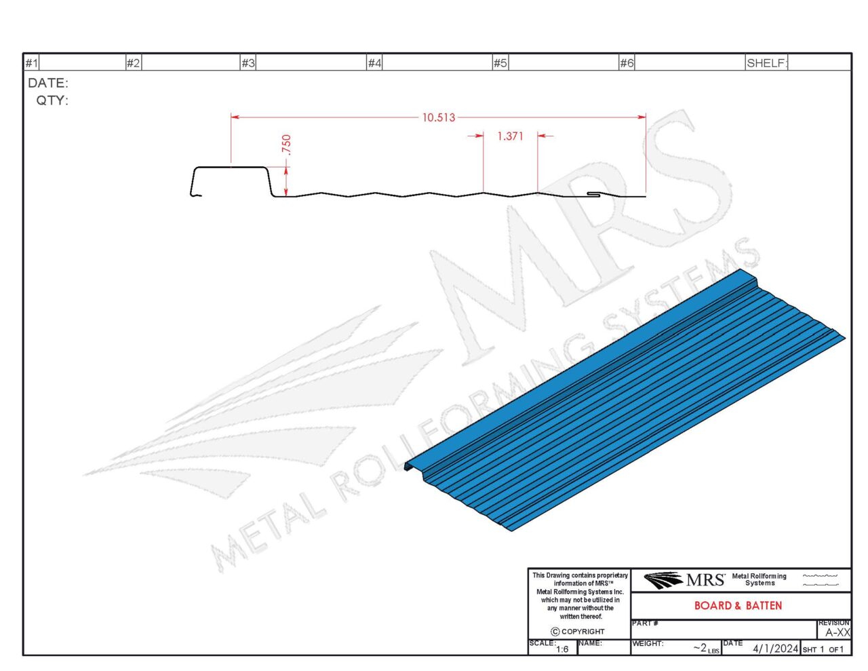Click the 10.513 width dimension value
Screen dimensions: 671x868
click(438, 117)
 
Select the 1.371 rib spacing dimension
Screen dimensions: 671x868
click(510, 136)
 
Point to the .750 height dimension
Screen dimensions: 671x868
click(286, 145)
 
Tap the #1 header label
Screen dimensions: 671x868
click(32, 63)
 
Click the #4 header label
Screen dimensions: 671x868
click(374, 63)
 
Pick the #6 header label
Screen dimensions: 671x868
click(627, 63)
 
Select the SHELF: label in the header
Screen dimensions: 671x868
click(766, 63)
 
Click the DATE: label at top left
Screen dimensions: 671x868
click(48, 83)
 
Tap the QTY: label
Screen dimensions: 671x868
click(52, 100)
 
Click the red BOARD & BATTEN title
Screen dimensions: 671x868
click(738, 605)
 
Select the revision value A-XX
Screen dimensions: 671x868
click(837, 632)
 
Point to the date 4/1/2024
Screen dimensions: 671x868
click(775, 649)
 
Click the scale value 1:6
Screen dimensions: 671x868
click(562, 649)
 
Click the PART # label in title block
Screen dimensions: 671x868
click(645, 623)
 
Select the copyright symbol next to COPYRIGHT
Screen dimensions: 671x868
click(555, 632)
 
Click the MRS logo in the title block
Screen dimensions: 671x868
click(684, 580)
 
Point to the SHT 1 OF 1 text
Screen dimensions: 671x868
click(823, 649)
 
